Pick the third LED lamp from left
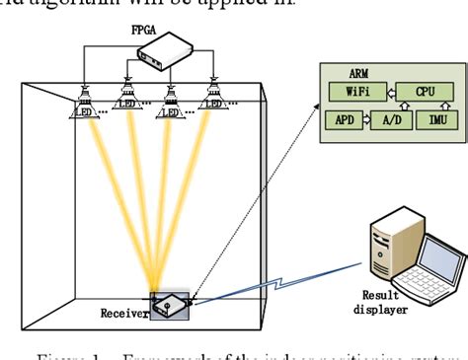tap(170, 101)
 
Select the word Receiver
tap(122, 314)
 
